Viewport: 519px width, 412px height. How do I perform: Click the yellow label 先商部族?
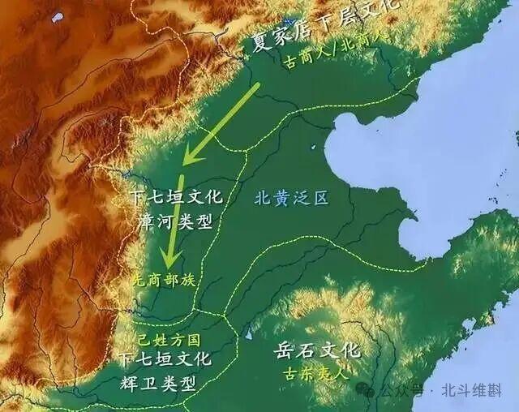163,278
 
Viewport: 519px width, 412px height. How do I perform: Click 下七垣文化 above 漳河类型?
170,199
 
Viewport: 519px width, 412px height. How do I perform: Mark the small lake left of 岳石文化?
248,333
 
